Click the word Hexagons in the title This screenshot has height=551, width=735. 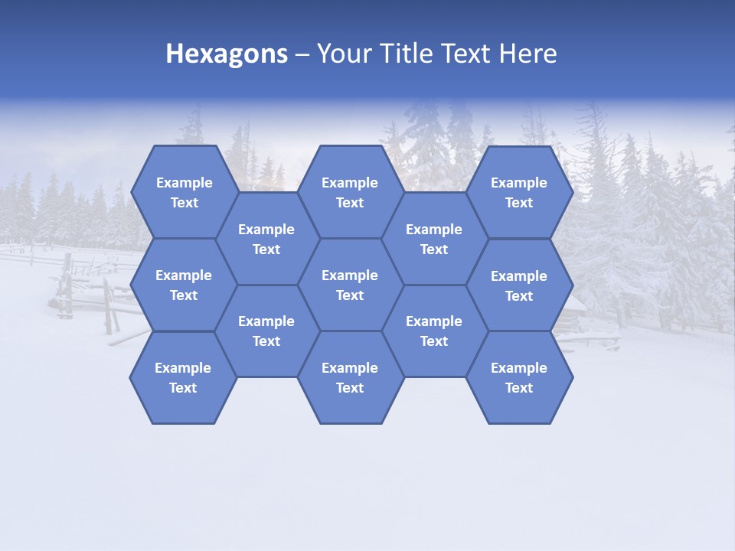pos(227,54)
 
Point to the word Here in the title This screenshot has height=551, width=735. pos(528,54)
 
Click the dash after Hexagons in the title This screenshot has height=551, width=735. pos(302,54)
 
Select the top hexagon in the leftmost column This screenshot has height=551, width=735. pos(184,192)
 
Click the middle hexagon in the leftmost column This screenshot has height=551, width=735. pos(184,285)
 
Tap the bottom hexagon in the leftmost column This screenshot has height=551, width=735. pos(183,377)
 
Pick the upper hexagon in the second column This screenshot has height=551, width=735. pos(266,239)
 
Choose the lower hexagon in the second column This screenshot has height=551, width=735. pos(266,331)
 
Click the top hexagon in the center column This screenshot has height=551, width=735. pos(350,192)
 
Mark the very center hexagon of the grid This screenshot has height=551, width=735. pos(350,285)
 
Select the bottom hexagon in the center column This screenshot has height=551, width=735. pos(350,377)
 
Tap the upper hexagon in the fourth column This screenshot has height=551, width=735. pos(434,239)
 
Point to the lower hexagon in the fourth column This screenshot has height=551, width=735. pos(434,331)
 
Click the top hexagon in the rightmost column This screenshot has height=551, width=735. pos(519,192)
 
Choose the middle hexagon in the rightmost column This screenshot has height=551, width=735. pos(519,285)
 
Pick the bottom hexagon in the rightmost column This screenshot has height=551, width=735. pos(519,377)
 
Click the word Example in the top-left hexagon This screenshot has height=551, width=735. pos(184,183)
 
